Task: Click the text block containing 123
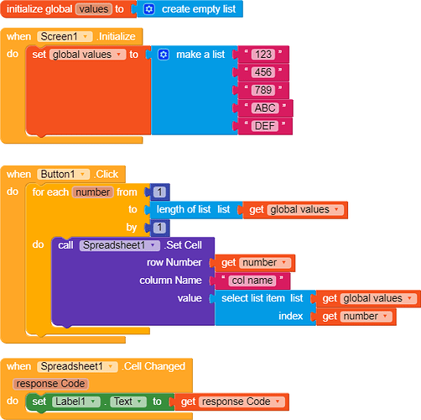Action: tap(263, 55)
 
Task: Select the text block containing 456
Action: tap(263, 72)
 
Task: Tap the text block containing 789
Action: tap(263, 90)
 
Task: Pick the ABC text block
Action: tap(265, 108)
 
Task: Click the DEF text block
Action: tap(265, 126)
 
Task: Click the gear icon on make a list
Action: tap(164, 55)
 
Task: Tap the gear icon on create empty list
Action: tap(149, 9)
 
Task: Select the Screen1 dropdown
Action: tap(65, 37)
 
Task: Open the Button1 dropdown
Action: tap(64, 174)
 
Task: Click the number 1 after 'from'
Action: tap(159, 192)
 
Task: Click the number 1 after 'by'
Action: tap(159, 228)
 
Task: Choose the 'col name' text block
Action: tap(252, 281)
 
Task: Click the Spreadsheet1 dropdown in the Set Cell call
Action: tap(120, 245)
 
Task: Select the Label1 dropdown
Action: tap(76, 402)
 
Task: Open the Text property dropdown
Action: tap(128, 402)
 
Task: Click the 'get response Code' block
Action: tap(231, 402)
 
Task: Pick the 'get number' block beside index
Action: tap(356, 317)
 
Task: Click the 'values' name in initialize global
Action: tap(94, 9)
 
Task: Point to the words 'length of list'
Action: tap(184, 209)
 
